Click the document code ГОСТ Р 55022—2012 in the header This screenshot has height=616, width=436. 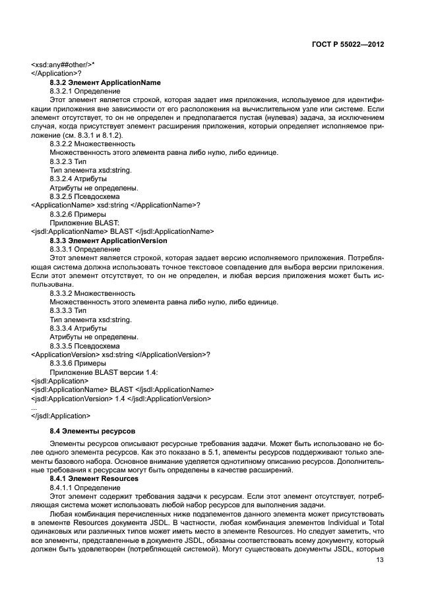pyautogui.click(x=348, y=45)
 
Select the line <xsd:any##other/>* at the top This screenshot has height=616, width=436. pyautogui.click(x=63, y=65)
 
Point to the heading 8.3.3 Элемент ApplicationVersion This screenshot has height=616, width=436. pyautogui.click(x=108, y=240)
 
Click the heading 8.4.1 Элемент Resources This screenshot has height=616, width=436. pyautogui.click(x=94, y=478)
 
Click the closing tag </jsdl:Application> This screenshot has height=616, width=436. pyautogui.click(x=61, y=416)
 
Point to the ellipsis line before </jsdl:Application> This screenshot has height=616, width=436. pyautogui.click(x=34, y=407)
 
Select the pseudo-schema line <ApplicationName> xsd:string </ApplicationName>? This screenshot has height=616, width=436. pyautogui.click(x=115, y=205)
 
